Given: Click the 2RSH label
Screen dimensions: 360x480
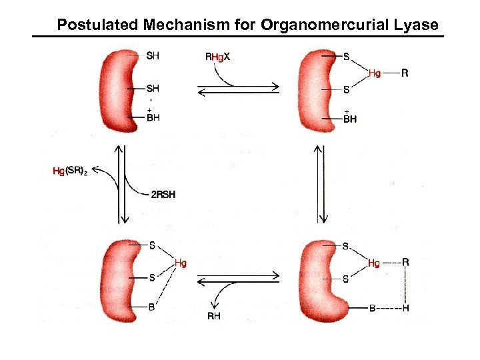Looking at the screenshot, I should pos(162,194).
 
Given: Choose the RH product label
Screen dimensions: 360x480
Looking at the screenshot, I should pos(213,315).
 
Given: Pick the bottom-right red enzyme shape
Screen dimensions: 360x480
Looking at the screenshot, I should pos(319,277).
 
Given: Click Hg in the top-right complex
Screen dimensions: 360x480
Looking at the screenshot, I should pos(374,74).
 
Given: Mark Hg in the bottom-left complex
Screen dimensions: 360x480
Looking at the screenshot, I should pos(180,263).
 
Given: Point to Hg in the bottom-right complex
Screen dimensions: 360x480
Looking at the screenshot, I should pos(374,263).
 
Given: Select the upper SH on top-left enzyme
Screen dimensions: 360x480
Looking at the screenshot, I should pos(153,57).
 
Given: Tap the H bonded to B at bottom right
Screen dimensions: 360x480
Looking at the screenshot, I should pos(405,308).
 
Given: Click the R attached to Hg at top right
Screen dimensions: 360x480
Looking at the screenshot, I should pos(405,74).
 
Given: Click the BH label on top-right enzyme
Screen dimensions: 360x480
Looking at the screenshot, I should pos(350,119).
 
